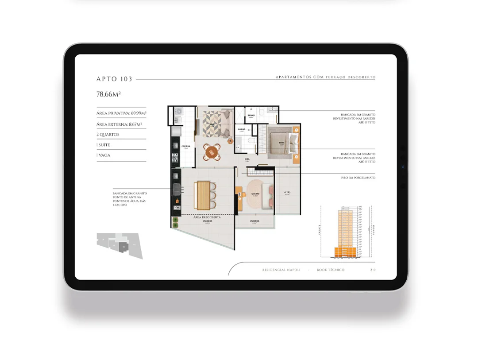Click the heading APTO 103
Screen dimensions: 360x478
(114, 79)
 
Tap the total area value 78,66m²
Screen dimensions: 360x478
(109, 94)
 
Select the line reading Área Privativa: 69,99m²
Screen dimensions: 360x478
(121, 113)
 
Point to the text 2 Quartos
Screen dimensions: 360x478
(108, 135)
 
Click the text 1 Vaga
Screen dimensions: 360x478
(103, 155)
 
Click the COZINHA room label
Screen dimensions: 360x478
(186, 146)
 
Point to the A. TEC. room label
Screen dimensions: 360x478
(287, 193)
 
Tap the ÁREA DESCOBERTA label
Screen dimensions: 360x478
(207, 217)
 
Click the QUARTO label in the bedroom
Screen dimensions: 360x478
(255, 194)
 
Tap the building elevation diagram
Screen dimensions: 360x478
(347, 232)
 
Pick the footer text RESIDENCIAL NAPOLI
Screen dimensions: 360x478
(281, 270)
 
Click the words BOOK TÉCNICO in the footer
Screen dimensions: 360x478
(331, 270)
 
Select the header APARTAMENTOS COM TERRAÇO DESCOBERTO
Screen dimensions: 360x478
(325, 77)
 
